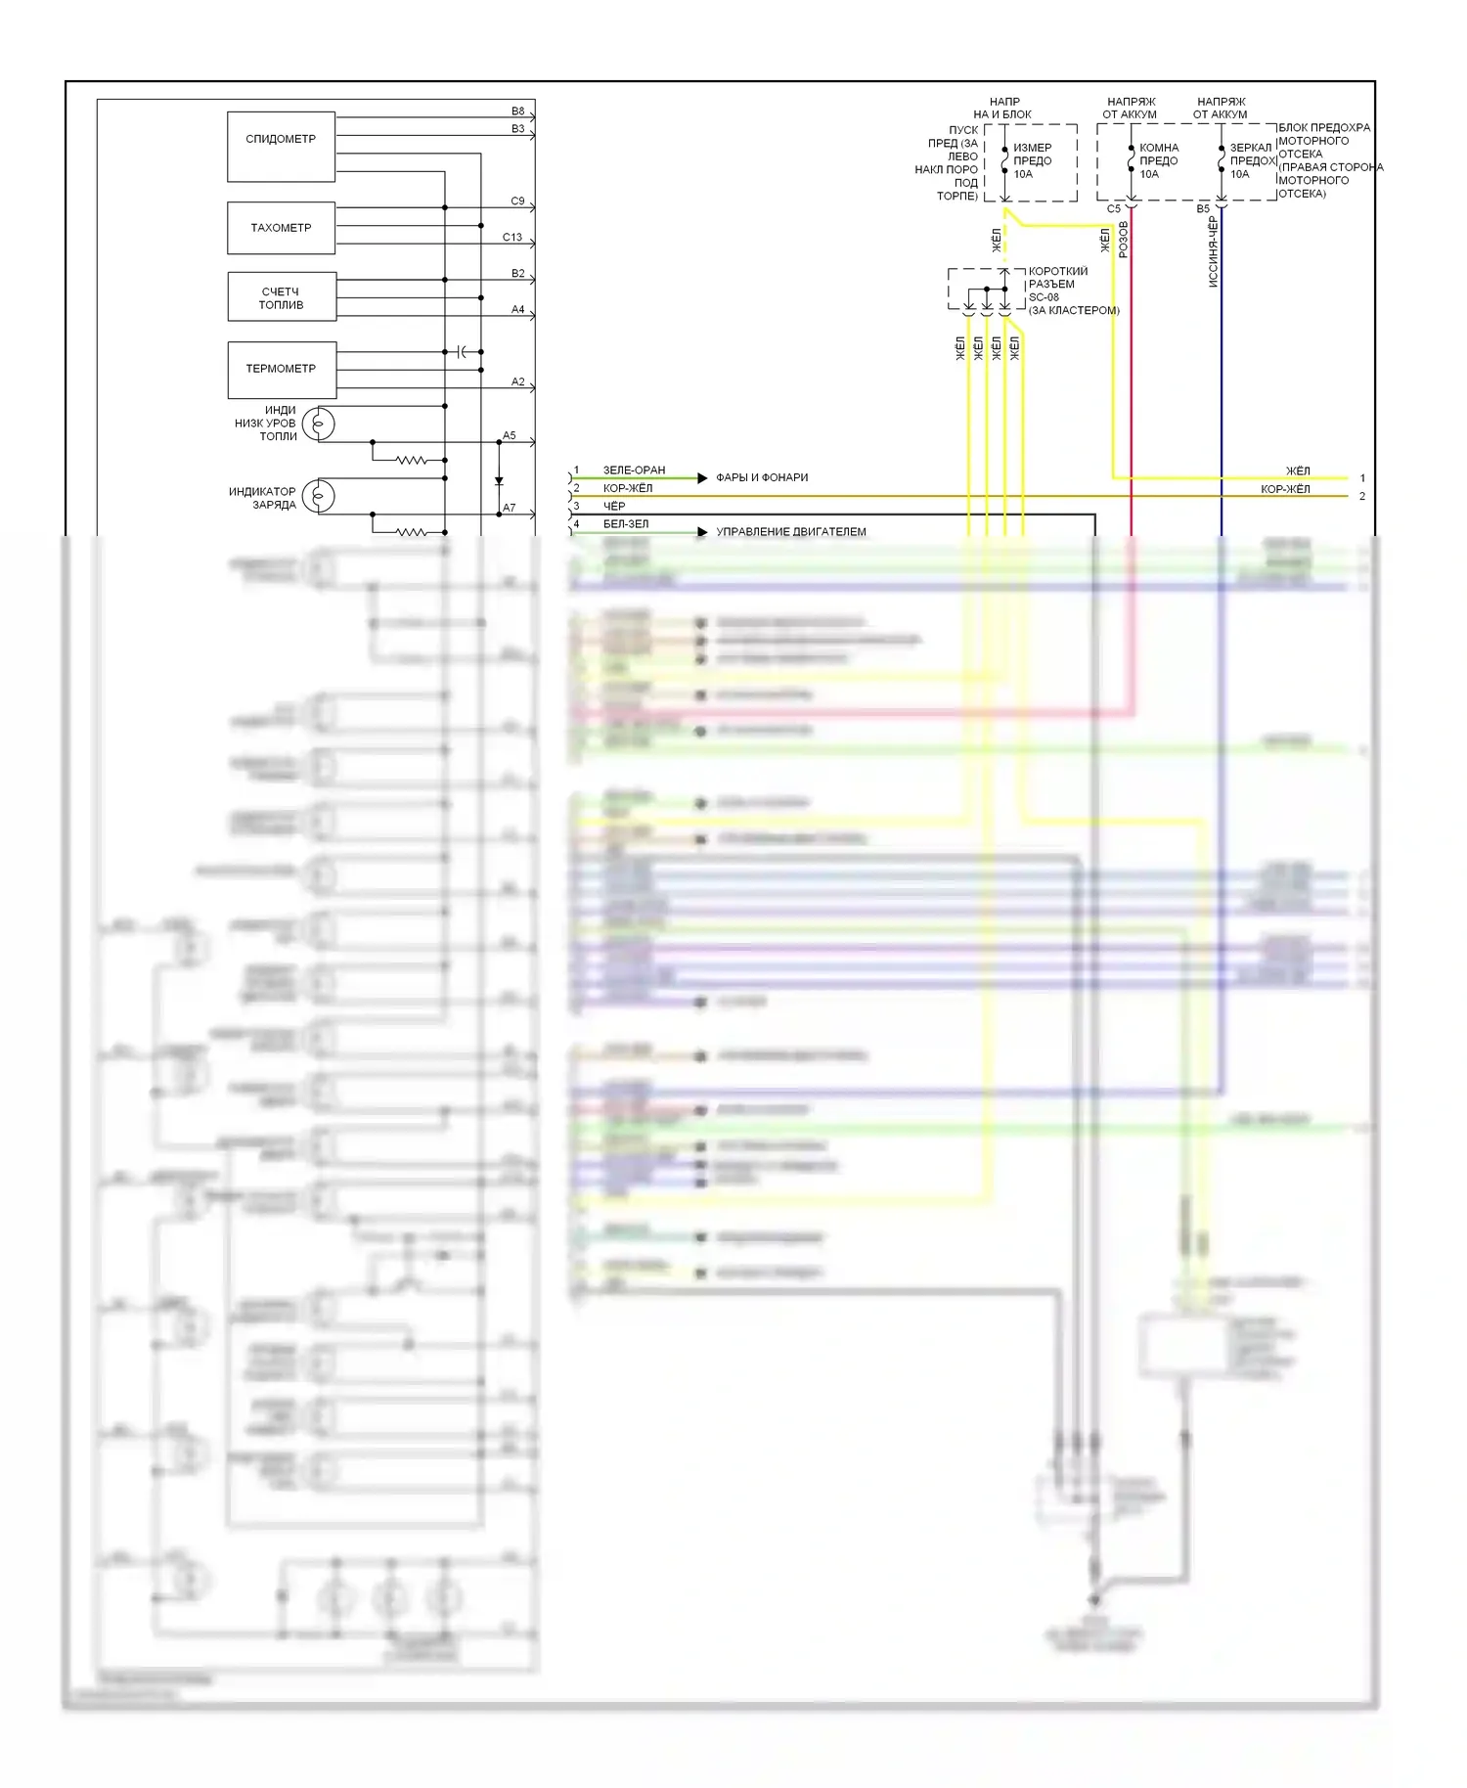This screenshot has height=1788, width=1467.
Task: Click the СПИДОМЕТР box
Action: tap(281, 146)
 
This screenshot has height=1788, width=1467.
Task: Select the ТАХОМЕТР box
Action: tap(281, 228)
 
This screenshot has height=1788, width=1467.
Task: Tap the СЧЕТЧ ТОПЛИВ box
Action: tap(281, 297)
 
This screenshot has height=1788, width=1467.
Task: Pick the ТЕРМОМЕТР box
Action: tap(281, 369)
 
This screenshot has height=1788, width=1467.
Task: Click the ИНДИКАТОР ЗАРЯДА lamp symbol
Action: tap(319, 497)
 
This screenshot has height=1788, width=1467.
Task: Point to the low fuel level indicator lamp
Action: tap(319, 425)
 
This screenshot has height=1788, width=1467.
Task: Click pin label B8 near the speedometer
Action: tap(517, 112)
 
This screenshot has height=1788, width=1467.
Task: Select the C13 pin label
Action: tap(512, 238)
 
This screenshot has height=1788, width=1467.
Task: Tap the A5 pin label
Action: tap(510, 436)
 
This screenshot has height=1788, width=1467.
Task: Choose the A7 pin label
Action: tap(510, 509)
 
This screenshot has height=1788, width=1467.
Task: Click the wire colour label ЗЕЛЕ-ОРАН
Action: tap(634, 470)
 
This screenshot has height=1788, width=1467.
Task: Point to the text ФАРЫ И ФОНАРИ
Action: tap(762, 477)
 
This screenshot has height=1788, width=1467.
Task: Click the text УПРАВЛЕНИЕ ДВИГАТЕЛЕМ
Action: tap(791, 532)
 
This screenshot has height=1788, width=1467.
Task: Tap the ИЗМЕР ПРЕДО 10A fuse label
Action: tap(1032, 161)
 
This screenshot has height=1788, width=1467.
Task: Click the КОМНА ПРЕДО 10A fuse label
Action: tap(1158, 161)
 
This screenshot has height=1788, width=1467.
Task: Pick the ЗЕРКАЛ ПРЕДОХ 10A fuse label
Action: tap(1251, 161)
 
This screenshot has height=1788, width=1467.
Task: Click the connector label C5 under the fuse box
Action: tap(1114, 208)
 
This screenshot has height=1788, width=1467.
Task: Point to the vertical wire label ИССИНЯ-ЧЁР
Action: tap(1213, 251)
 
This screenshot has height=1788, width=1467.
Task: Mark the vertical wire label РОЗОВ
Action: tap(1124, 240)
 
